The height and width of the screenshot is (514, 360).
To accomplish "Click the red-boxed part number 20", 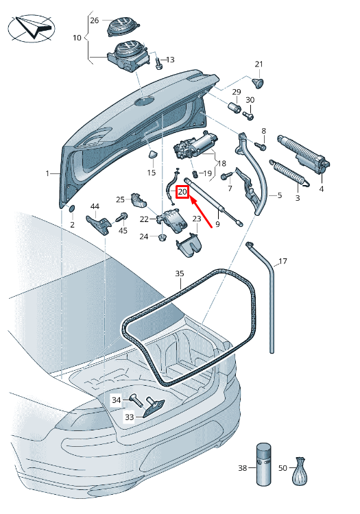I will (182, 193).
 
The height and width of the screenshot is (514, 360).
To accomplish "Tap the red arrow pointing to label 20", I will (206, 212).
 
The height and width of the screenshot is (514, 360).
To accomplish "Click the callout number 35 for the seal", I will (180, 273).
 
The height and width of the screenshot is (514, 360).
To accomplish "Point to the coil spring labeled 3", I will (292, 174).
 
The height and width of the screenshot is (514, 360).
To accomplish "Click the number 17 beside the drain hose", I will (283, 262).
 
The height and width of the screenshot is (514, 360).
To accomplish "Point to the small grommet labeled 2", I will (71, 208).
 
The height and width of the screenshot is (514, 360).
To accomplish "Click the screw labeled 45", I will (123, 217).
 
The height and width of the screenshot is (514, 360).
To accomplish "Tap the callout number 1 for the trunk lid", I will (48, 174).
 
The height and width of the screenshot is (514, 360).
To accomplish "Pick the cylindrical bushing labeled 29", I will (233, 108).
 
